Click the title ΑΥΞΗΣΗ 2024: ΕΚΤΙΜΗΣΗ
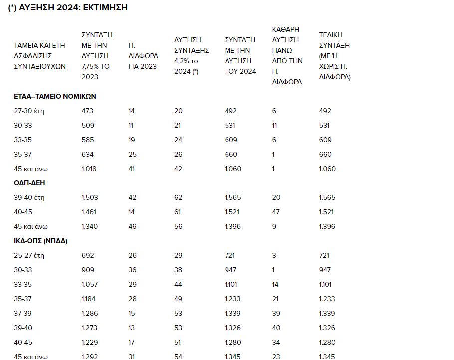tap(68, 8)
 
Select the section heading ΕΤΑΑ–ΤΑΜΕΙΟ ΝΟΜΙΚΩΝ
tap(55, 96)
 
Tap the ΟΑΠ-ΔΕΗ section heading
tap(29, 183)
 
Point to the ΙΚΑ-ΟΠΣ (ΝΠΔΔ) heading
tap(40, 241)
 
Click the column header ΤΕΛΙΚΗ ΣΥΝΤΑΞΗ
tap(334, 56)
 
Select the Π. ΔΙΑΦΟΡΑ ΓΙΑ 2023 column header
tap(143, 56)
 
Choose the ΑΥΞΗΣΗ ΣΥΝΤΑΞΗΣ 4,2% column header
tap(191, 56)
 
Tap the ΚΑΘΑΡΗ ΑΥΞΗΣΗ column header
tap(287, 56)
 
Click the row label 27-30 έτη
tap(29, 111)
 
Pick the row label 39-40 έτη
tap(29, 197)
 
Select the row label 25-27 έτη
tap(29, 255)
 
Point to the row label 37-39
tap(23, 313)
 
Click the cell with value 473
tap(87, 111)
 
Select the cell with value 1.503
tap(90, 197)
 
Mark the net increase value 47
tap(276, 212)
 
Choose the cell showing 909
tap(87, 270)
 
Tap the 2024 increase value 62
tap(178, 197)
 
